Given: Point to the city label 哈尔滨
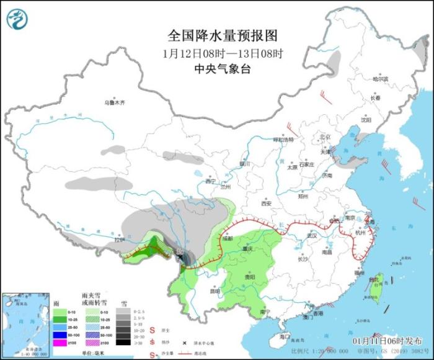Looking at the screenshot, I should point(380,79).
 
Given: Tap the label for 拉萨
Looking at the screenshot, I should point(120,239).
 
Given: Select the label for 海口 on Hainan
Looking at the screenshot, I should point(285,335).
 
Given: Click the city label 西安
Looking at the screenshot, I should point(266,203).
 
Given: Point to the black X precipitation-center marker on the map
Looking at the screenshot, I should point(180,256).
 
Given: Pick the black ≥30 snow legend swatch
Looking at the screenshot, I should point(125,342).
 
